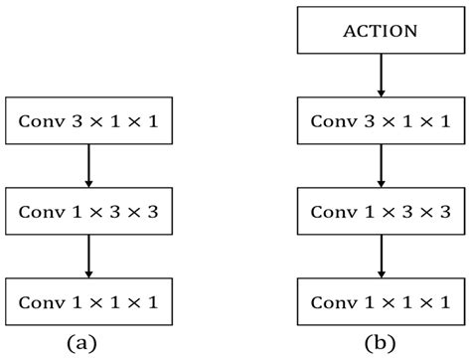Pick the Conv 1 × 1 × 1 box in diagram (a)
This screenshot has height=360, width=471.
tap(89, 299)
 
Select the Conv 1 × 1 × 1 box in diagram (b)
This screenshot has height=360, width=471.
tap(381, 299)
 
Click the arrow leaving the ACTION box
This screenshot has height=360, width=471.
tap(381, 75)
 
